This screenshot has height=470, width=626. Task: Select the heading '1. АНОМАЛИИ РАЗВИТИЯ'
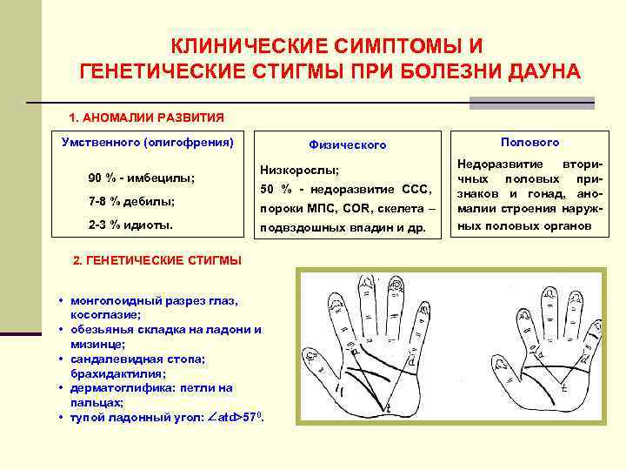click(146, 117)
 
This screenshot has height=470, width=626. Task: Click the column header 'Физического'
click(347, 144)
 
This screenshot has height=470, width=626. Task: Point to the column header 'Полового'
click(529, 142)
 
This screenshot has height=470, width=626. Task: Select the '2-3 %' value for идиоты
click(103, 225)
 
